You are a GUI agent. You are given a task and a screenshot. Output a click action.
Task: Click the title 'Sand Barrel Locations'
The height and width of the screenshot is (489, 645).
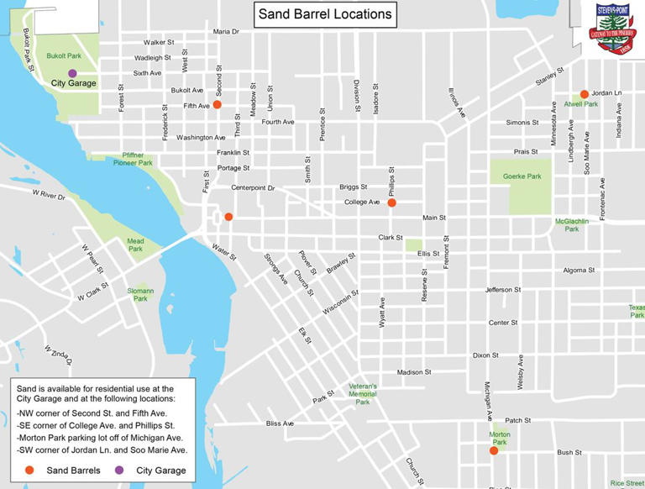click(324, 14)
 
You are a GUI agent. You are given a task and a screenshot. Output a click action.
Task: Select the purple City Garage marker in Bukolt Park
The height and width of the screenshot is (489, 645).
click(73, 73)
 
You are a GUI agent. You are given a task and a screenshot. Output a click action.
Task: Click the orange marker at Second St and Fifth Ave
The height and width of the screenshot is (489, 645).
click(217, 105)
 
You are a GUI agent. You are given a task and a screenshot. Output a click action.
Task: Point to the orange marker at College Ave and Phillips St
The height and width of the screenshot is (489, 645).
click(391, 202)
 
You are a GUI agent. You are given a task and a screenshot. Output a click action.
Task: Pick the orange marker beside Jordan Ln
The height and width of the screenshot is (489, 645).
click(585, 94)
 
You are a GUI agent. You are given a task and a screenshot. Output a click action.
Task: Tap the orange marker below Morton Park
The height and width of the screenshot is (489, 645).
click(494, 451)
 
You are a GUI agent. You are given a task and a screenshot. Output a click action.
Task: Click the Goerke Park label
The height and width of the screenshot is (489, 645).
click(527, 176)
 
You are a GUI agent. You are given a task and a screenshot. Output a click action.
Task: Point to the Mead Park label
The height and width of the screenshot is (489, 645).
click(135, 244)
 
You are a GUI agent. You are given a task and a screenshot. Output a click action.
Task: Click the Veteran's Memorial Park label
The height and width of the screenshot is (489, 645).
click(362, 394)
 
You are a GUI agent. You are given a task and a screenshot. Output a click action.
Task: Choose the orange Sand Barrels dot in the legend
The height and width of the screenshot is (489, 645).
click(30, 470)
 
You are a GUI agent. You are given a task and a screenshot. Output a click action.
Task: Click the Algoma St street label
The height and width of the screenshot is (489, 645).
click(579, 271)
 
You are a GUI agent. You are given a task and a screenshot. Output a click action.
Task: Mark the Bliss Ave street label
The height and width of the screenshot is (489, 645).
click(280, 423)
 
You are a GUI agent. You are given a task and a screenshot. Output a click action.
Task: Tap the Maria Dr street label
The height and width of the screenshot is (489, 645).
click(226, 31)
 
